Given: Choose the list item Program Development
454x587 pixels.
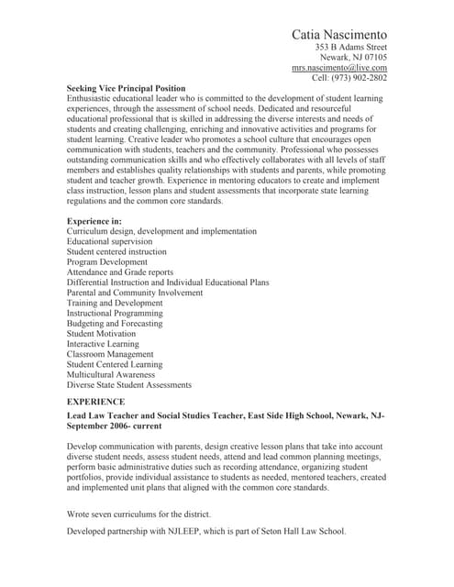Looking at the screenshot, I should (x=107, y=262).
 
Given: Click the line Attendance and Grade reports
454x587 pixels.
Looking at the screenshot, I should (x=120, y=272).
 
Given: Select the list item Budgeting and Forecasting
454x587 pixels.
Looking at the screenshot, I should (x=115, y=324).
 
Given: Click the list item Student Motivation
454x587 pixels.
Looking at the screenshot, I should (x=101, y=334).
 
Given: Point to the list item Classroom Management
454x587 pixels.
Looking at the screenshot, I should (x=112, y=354).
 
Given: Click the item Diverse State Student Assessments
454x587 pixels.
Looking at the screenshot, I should (x=129, y=385).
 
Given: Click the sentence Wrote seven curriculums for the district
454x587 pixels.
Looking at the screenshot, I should (x=138, y=514).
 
